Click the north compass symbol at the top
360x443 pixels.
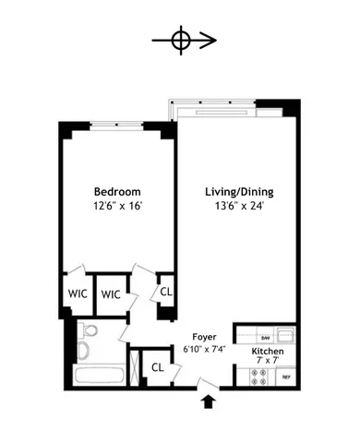(181, 41)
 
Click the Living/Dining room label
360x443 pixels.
(239, 192)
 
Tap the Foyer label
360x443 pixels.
(204, 338)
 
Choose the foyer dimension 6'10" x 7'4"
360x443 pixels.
(204, 352)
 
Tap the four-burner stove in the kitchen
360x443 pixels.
(255, 377)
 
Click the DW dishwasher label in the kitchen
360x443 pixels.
(265, 337)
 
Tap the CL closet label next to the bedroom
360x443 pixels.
(166, 292)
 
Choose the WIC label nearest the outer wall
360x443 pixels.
(77, 293)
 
